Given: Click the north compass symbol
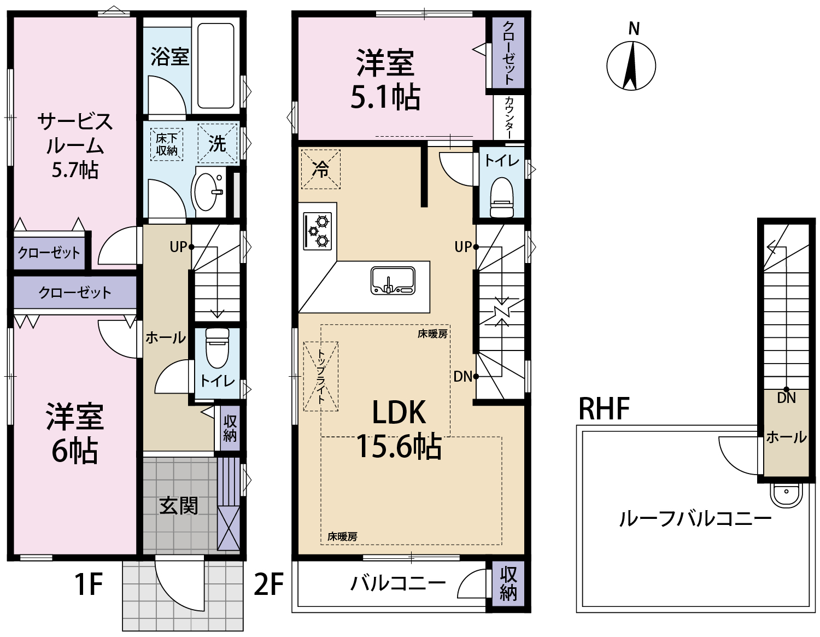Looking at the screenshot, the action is (x=631, y=65).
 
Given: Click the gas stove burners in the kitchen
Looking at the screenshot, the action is (x=318, y=231).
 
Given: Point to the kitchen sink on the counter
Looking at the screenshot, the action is (x=393, y=280).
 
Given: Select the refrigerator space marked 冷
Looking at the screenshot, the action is (x=321, y=169).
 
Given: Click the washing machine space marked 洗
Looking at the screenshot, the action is (x=218, y=143).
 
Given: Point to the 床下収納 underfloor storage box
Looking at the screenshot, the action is (x=166, y=144).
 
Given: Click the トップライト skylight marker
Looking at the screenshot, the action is (x=321, y=376).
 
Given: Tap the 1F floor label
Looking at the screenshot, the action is (x=89, y=584).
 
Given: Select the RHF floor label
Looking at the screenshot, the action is (x=604, y=408).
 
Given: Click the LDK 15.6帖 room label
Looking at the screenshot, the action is (x=399, y=429).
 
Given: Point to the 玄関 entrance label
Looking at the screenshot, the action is (x=179, y=506).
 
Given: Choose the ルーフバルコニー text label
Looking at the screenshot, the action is (x=695, y=519).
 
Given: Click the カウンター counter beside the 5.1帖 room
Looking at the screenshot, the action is (x=509, y=117).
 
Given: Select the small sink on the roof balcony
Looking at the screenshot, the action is (x=786, y=495).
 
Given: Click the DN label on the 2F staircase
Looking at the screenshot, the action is (x=462, y=376).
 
